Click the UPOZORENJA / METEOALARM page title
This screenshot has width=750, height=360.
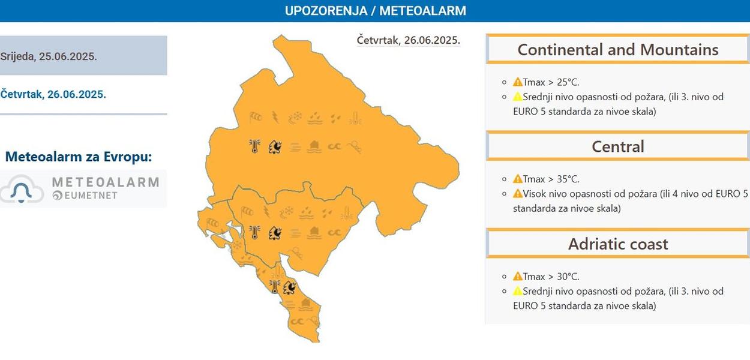(375, 11)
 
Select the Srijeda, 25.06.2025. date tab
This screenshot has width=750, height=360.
(49, 56)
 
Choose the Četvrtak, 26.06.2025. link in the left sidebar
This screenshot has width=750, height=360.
(53, 94)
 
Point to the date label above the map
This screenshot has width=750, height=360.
(408, 40)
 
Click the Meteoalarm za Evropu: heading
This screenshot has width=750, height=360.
(79, 157)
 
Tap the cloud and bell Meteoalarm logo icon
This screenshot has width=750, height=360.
(22, 189)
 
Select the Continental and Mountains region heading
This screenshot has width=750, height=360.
(618, 50)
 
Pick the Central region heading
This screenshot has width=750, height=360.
(618, 146)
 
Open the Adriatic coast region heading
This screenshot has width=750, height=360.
(618, 244)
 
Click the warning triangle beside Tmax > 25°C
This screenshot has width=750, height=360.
(518, 82)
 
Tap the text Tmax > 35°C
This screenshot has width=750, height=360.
(551, 179)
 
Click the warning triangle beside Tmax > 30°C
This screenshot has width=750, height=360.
(518, 277)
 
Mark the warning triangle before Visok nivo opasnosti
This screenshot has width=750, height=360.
(518, 194)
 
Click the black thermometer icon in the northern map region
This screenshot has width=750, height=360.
(254, 146)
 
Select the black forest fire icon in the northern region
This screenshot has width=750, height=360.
(275, 146)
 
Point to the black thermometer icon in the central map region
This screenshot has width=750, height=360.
(254, 232)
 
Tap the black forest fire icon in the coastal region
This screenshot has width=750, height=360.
(290, 287)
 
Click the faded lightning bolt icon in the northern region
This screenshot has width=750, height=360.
(275, 117)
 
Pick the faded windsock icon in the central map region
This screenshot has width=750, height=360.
(247, 211)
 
